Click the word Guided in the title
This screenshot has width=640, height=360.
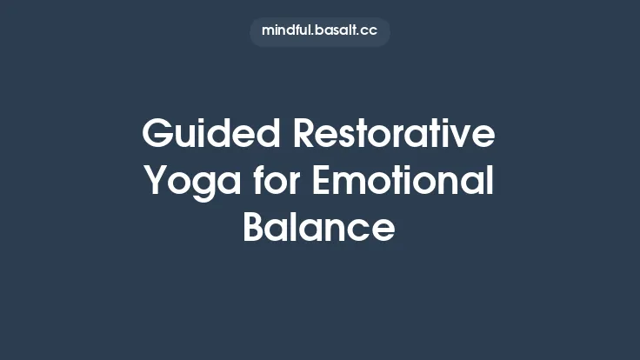click(x=211, y=135)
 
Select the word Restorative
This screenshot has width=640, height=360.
click(x=394, y=135)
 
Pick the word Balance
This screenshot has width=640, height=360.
click(x=319, y=228)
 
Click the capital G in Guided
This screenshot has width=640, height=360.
click(x=157, y=135)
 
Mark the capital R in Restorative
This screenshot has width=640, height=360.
click(x=304, y=135)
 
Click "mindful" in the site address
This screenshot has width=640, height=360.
click(x=287, y=31)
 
